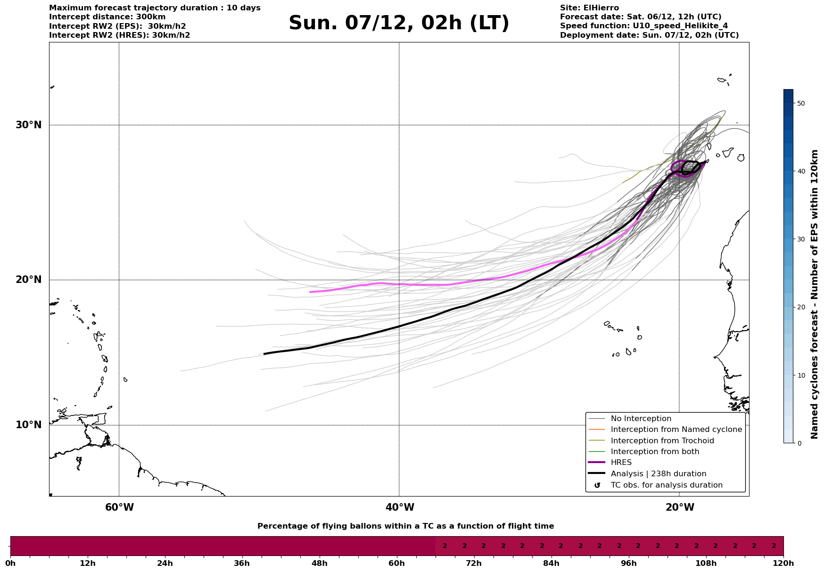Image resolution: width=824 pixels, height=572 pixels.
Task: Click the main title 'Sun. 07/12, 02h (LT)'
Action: [x=399, y=23]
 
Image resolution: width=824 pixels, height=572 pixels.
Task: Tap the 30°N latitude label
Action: [x=28, y=125]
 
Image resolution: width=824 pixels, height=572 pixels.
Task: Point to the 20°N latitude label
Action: [x=28, y=280]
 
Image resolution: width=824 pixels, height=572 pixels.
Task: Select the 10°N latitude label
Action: [x=28, y=425]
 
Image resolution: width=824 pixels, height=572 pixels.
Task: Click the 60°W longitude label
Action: [x=119, y=507]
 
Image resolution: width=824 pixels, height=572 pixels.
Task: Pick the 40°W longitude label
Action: [x=400, y=507]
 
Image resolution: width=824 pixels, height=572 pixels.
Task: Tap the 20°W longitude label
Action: [x=680, y=507]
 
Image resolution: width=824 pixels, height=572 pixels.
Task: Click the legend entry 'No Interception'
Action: [x=641, y=419]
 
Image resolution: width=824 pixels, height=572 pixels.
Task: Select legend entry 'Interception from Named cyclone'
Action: [x=676, y=430]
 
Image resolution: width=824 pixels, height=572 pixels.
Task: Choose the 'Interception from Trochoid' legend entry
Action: [x=662, y=441]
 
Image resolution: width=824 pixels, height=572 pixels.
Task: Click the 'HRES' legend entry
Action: [x=621, y=463]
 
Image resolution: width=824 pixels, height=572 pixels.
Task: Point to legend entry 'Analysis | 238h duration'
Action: [x=658, y=474]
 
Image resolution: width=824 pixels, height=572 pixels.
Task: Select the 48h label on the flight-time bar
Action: [x=319, y=563]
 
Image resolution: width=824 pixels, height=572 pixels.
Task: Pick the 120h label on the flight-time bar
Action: [x=783, y=563]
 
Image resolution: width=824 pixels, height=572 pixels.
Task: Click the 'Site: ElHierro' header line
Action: [x=589, y=8]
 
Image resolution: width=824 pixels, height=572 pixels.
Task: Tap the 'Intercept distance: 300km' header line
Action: [x=107, y=17]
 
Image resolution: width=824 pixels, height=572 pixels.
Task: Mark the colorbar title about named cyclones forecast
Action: [x=815, y=294]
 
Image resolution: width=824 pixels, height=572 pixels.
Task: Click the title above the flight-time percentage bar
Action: [x=405, y=526]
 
